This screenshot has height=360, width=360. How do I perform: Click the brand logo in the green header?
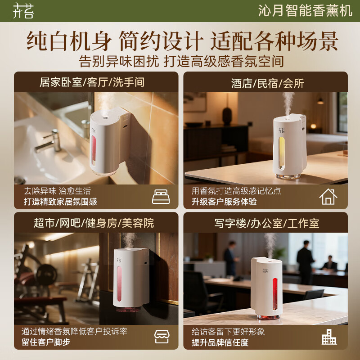pyautogui.click(x=23, y=10)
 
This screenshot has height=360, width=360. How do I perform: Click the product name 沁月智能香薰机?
pyautogui.click(x=305, y=10)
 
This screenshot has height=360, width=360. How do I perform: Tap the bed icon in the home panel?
pyautogui.click(x=161, y=197)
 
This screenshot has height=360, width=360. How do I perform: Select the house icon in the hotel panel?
pyautogui.click(x=328, y=197)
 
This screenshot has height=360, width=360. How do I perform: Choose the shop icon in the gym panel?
pyautogui.click(x=162, y=337)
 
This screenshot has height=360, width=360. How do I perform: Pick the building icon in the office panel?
pyautogui.click(x=329, y=337)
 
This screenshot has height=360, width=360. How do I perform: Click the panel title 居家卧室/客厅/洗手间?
pyautogui.click(x=92, y=82)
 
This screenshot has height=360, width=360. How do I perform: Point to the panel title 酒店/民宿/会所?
pyautogui.click(x=267, y=83)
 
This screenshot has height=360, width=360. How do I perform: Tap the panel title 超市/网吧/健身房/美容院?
pyautogui.click(x=94, y=223)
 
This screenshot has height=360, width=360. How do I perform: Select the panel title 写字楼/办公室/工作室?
pyautogui.click(x=267, y=223)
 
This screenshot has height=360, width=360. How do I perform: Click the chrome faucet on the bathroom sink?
pyautogui.click(x=49, y=141)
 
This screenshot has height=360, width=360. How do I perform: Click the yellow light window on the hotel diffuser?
pyautogui.click(x=282, y=153)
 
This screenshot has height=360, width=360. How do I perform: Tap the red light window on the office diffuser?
pyautogui.click(x=275, y=294)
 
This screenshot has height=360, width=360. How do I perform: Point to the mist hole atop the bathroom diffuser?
pyautogui.click(x=105, y=118)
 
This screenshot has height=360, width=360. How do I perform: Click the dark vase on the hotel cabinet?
pyautogui.click(x=227, y=116)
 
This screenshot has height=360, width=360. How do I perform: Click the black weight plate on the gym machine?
pyautogui.click(x=47, y=275)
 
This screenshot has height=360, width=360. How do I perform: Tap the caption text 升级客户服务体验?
pyautogui.click(x=224, y=202)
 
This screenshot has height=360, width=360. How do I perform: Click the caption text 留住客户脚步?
pyautogui.click(x=46, y=342)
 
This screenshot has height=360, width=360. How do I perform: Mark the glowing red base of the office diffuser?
pyautogui.click(x=268, y=317)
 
